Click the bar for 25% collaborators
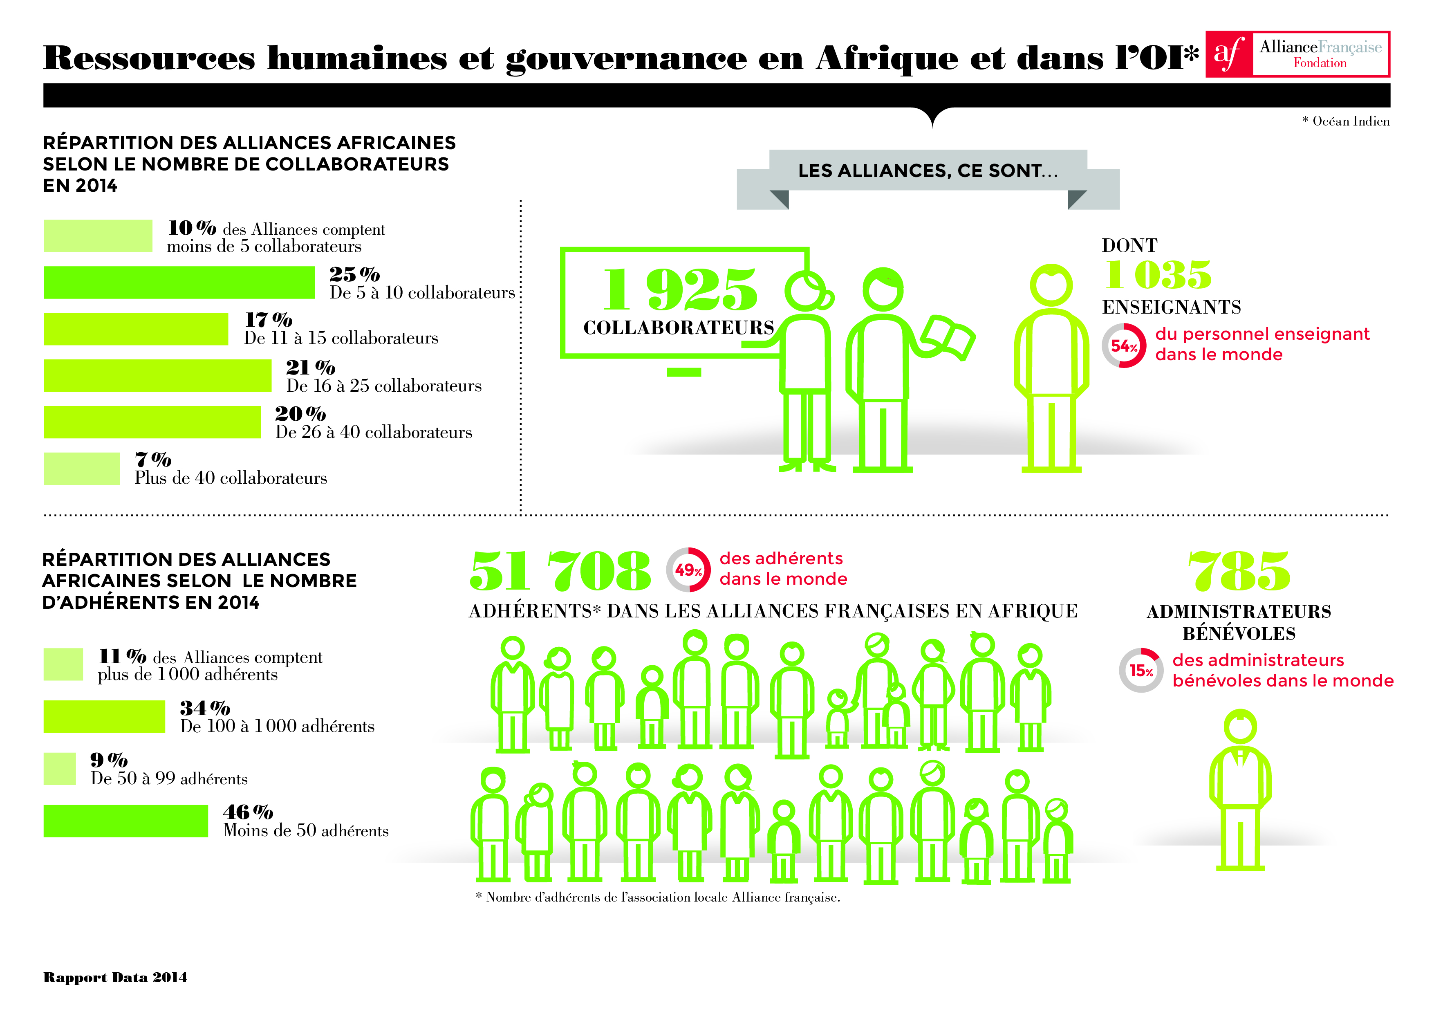click(179, 283)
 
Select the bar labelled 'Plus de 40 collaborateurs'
click(81, 469)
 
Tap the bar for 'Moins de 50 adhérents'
click(125, 821)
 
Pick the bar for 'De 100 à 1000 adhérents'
click(104, 717)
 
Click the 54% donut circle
click(1124, 345)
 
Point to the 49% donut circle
click(688, 570)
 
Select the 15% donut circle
click(1140, 671)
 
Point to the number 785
click(1239, 571)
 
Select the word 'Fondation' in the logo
click(1319, 63)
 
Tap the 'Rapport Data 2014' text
click(115, 977)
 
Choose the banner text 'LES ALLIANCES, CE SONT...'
click(928, 170)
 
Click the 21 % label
click(310, 367)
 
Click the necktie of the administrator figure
click(1240, 758)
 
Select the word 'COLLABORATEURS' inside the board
click(678, 328)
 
